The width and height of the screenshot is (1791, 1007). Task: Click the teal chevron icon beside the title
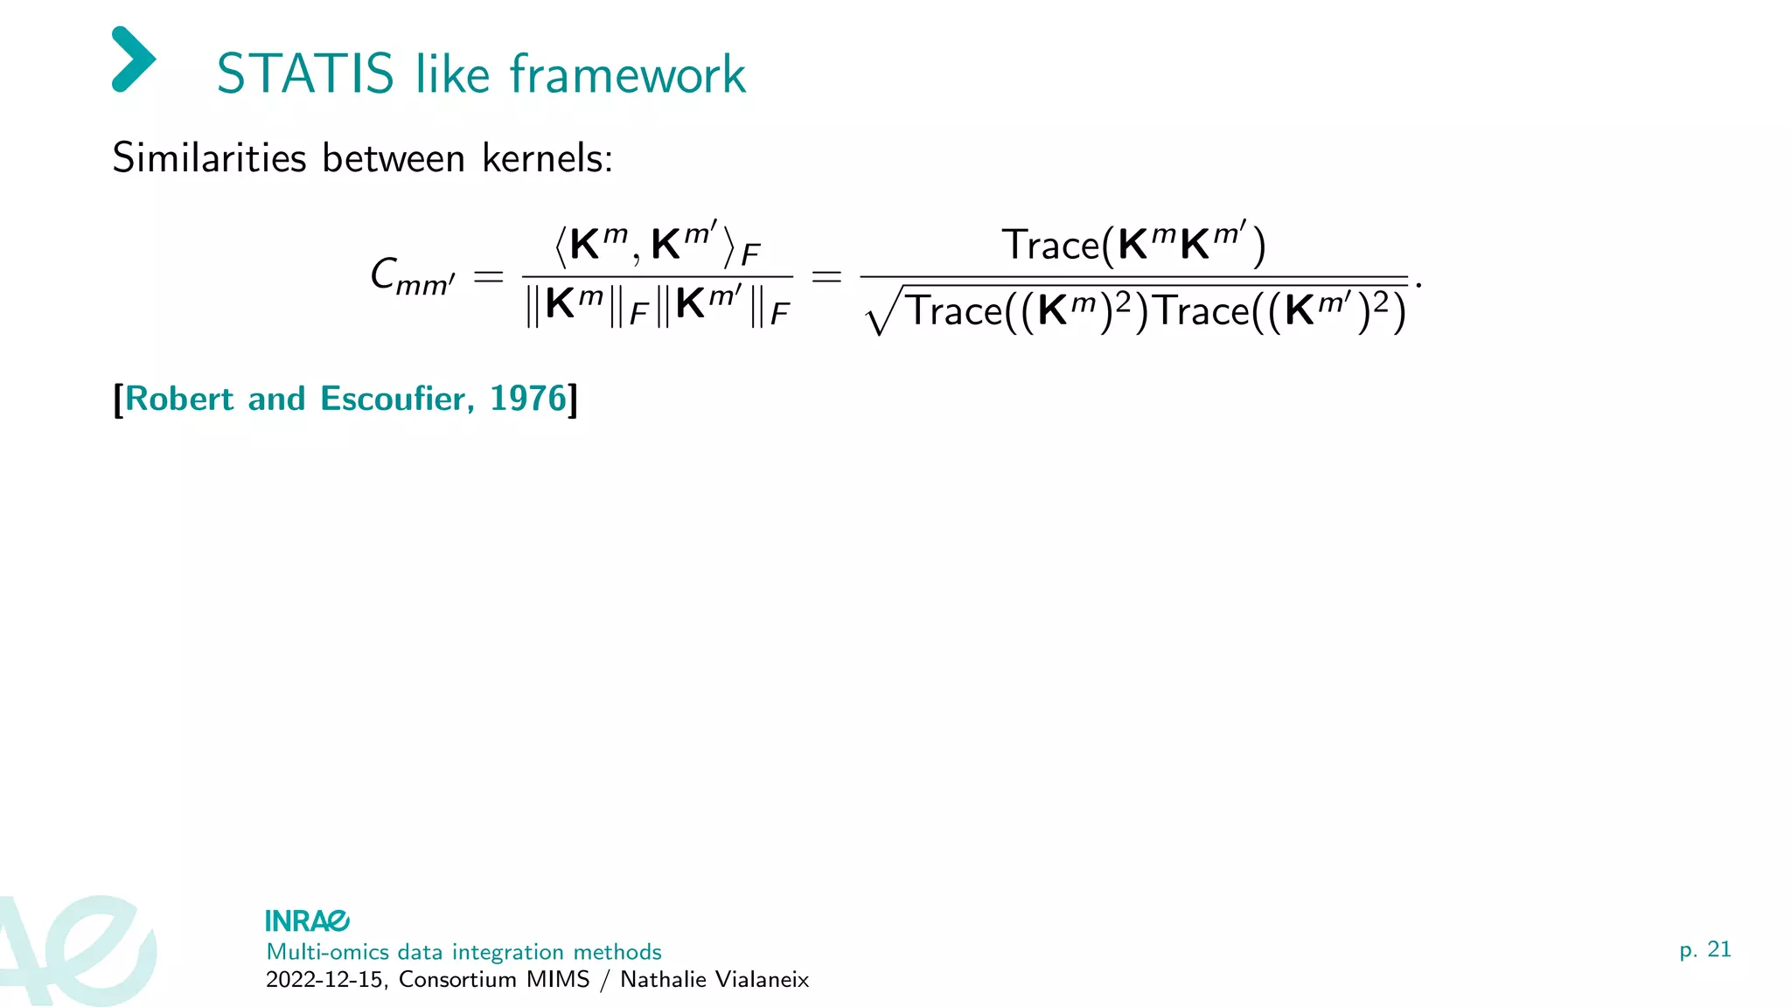pyautogui.click(x=134, y=59)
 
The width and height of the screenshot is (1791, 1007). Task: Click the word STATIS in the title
pyautogui.click(x=305, y=73)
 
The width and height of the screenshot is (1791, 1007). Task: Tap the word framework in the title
pyautogui.click(x=627, y=73)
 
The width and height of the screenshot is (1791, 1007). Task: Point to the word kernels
pyautogui.click(x=547, y=158)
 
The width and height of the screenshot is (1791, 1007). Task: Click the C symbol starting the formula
pyautogui.click(x=385, y=273)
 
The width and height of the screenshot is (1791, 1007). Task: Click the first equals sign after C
pyautogui.click(x=488, y=277)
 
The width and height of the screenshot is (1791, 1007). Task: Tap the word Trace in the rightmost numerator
pyautogui.click(x=1050, y=244)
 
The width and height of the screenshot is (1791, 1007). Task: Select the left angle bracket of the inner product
pyautogui.click(x=561, y=247)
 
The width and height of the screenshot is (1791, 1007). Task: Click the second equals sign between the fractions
pyautogui.click(x=826, y=277)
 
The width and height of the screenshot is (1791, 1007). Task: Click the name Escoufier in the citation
pyautogui.click(x=397, y=399)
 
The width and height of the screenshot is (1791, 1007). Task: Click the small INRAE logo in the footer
pyautogui.click(x=307, y=920)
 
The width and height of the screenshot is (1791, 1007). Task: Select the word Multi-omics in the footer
pyautogui.click(x=327, y=951)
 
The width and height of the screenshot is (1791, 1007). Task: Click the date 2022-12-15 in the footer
pyautogui.click(x=324, y=979)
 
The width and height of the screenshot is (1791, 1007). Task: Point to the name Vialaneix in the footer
pyautogui.click(x=763, y=979)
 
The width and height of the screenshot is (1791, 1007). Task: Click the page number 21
pyautogui.click(x=1718, y=949)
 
